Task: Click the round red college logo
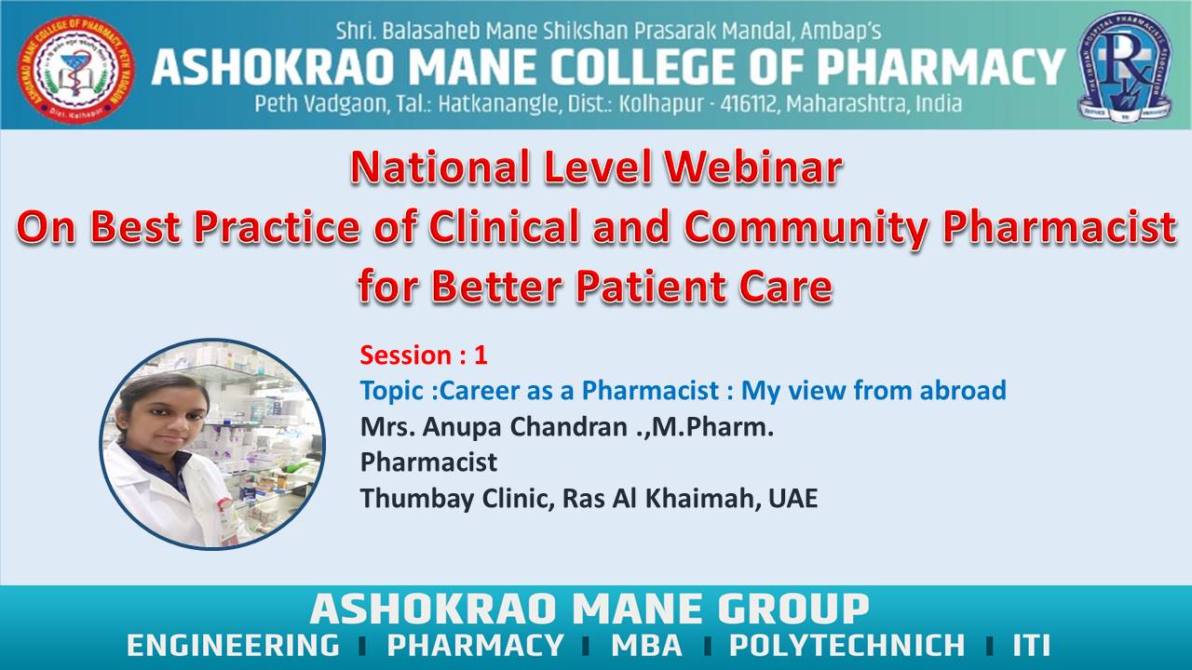coord(75,69)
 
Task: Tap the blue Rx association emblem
coord(1125,66)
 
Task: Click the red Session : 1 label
coord(424,355)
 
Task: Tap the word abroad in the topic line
coord(963,390)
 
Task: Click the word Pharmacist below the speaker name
coord(429,462)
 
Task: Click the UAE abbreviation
coord(792,498)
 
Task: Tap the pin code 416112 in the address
coord(750,103)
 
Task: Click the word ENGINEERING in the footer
coord(233,645)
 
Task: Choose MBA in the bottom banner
coord(646,645)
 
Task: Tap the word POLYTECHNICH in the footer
coord(847,645)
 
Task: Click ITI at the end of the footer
coord(1031,645)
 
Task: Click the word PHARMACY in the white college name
coord(941,67)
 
